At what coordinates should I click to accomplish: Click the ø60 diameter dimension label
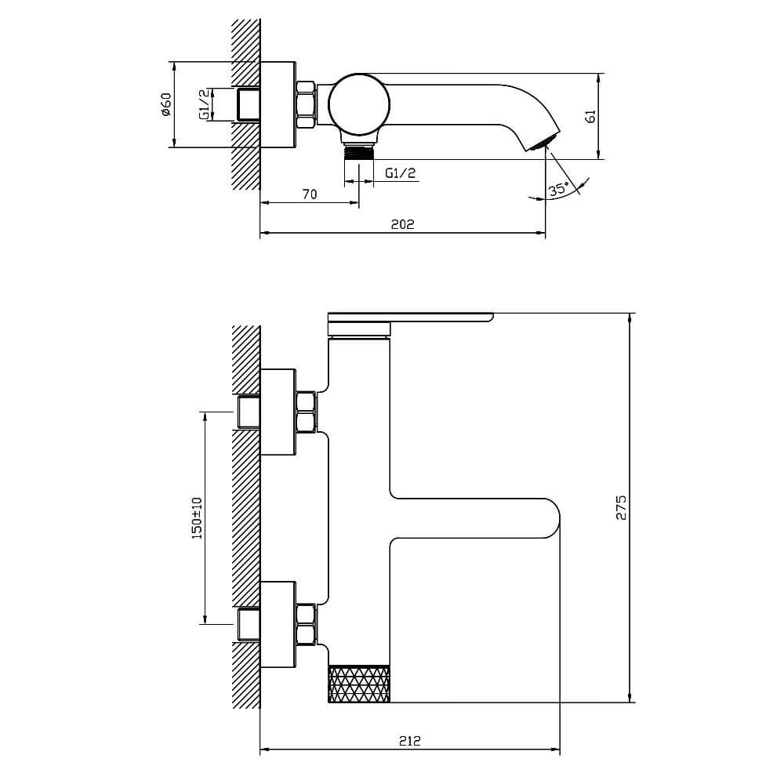[x=166, y=104]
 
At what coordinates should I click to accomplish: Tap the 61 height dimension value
[x=590, y=116]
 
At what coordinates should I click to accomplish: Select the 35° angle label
[x=558, y=189]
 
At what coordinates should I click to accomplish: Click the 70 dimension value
[x=310, y=194]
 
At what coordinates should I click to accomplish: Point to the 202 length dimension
[x=402, y=224]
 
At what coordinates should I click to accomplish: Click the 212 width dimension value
[x=410, y=741]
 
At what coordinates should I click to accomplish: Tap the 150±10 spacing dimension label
[x=197, y=518]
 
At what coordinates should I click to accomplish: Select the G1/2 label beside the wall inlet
[x=204, y=104]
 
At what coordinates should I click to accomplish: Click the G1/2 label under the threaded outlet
[x=401, y=173]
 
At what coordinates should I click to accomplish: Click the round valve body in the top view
[x=358, y=104]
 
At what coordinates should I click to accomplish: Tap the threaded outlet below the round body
[x=359, y=151]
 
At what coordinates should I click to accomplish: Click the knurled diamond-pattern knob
[x=359, y=684]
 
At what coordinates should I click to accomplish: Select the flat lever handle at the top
[x=410, y=324]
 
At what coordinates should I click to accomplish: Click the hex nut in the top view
[x=306, y=104]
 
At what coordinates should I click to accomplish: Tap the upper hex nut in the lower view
[x=306, y=412]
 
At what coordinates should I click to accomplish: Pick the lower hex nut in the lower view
[x=306, y=624]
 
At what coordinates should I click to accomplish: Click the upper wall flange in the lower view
[x=278, y=412]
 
